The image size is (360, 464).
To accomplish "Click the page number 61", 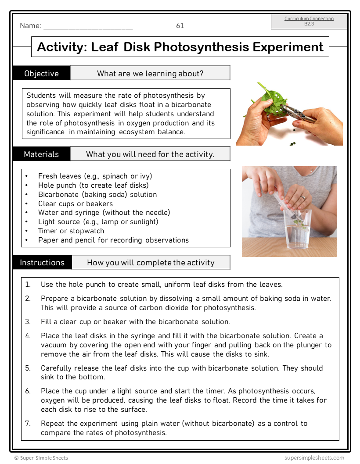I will (180, 25).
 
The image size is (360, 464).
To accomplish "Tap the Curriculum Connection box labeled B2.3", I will (309, 21).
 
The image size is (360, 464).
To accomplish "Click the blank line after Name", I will (88, 26).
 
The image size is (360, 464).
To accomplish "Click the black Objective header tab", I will (42, 73).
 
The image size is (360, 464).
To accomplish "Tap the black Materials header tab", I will (42, 154).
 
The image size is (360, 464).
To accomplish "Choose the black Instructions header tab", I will (42, 262).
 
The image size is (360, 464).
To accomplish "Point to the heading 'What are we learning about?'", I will (150, 73).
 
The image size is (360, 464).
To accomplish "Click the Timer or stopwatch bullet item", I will (71, 231).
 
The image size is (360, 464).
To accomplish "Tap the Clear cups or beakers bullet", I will (76, 203).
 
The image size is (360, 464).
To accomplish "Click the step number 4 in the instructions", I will (28, 336).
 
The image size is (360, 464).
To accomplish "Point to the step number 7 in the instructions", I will (28, 424).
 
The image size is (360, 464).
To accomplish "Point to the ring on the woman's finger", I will (303, 198).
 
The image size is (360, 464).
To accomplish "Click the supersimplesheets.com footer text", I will (314, 457).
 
